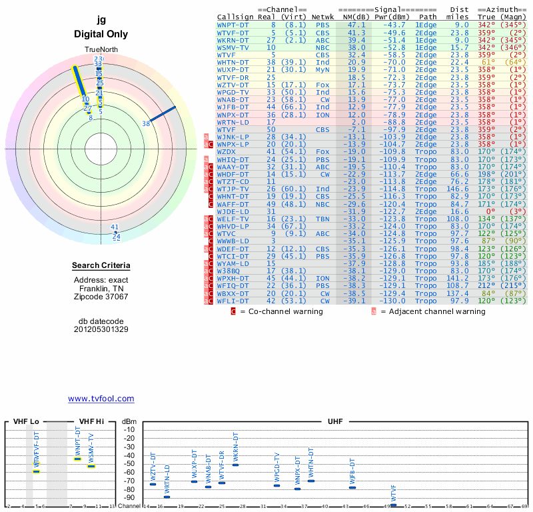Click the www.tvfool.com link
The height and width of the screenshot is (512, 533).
[101, 399]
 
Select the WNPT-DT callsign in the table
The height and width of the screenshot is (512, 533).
[233, 24]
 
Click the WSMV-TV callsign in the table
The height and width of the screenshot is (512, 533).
[233, 47]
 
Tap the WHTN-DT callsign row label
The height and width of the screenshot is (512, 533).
[233, 62]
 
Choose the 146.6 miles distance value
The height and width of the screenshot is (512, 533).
[458, 189]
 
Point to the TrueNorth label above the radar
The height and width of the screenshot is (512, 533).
[101, 50]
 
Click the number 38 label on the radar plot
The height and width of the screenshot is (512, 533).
[146, 123]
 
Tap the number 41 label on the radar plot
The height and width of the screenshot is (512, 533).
[114, 227]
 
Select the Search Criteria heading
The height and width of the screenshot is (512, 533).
[101, 267]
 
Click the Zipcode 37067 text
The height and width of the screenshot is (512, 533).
[101, 297]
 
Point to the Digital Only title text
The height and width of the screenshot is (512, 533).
[101, 34]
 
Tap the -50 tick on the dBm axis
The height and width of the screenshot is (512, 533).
[129, 464]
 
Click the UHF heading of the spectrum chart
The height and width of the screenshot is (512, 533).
[335, 422]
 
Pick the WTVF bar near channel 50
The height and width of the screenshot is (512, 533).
[393, 505]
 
